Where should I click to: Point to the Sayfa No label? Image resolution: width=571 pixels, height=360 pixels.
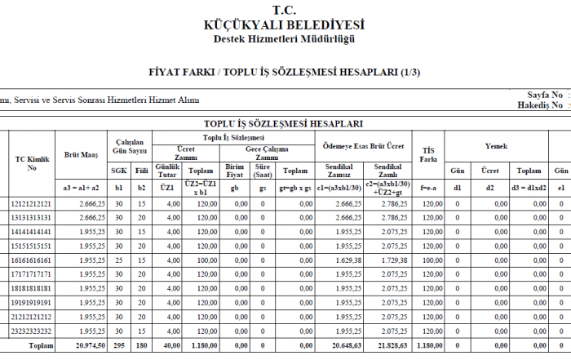pyautogui.click(x=539, y=95)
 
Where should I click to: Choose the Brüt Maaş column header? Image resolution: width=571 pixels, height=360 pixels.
pyautogui.click(x=82, y=153)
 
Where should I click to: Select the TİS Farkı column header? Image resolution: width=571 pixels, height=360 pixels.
pyautogui.click(x=427, y=153)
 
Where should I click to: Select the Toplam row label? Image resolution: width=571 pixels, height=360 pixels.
pyautogui.click(x=42, y=346)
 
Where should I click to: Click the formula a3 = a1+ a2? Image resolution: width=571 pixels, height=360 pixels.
pyautogui.click(x=82, y=187)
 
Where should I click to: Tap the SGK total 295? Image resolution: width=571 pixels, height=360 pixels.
pyautogui.click(x=119, y=346)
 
